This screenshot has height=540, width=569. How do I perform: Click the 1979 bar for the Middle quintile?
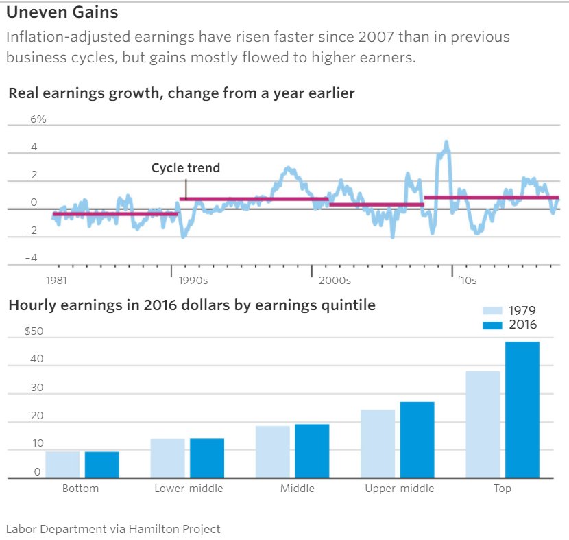coord(273,451)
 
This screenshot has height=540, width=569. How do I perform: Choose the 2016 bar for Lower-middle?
coord(207,458)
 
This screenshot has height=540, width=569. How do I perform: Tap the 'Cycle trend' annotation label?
coord(186,167)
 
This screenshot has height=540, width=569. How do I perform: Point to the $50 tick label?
coord(34,331)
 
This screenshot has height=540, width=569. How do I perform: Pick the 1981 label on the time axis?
coord(56,280)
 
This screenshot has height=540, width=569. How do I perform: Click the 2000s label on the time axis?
coord(335,280)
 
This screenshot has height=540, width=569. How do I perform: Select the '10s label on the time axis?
coord(468,280)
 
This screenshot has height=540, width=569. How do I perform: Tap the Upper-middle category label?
coord(399,489)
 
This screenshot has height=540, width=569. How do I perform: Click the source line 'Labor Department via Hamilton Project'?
coord(113,529)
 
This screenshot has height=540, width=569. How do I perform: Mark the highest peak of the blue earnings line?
coord(446,143)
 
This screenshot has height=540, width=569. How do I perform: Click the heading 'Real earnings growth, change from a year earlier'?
coord(182,93)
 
